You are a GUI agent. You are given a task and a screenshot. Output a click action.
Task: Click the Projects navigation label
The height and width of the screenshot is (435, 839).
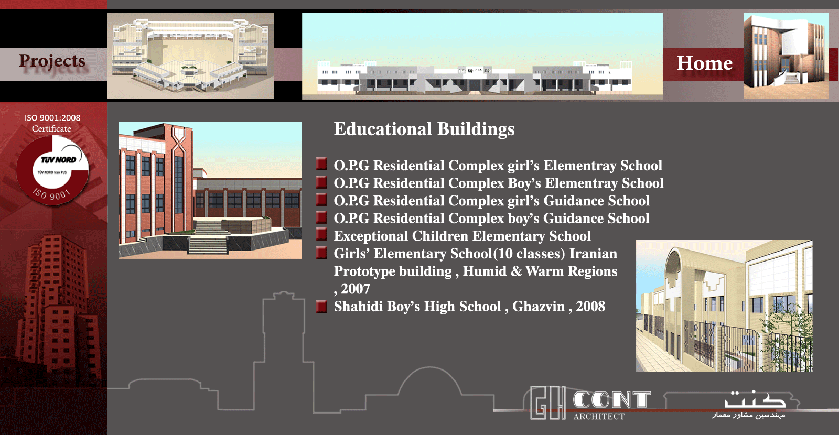pyautogui.click(x=52, y=61)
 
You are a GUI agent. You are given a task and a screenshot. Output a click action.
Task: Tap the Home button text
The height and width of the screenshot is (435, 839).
pyautogui.click(x=705, y=63)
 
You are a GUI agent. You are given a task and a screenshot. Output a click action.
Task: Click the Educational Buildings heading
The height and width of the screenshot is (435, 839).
pyautogui.click(x=424, y=129)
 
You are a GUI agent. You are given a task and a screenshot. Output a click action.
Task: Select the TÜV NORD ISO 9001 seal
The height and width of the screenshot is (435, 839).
pyautogui.click(x=52, y=170)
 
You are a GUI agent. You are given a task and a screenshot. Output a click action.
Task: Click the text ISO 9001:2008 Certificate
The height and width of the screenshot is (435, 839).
pyautogui.click(x=52, y=123)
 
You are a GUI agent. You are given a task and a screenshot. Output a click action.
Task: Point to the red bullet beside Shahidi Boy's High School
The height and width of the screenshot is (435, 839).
pyautogui.click(x=321, y=307)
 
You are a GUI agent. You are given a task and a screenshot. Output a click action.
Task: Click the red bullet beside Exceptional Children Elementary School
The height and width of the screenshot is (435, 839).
pyautogui.click(x=321, y=235)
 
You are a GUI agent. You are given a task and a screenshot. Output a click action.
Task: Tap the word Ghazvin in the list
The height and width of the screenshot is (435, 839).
pyautogui.click(x=538, y=307)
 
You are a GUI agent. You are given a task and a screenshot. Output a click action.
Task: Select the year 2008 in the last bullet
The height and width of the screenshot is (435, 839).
pyautogui.click(x=590, y=307)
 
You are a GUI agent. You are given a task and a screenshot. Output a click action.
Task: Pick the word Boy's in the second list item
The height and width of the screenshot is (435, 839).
pyautogui.click(x=524, y=183)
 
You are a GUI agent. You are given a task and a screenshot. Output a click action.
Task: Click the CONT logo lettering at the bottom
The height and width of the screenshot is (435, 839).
pyautogui.click(x=611, y=400)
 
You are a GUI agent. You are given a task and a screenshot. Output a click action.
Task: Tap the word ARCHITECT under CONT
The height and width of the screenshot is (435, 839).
pyautogui.click(x=598, y=416)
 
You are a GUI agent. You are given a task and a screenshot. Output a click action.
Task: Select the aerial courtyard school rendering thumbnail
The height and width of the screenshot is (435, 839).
pyautogui.click(x=191, y=56)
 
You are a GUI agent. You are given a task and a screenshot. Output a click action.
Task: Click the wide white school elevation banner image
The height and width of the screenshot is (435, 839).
pyautogui.click(x=482, y=56)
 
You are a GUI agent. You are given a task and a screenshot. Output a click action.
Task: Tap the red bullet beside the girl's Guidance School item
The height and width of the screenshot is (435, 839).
pyautogui.click(x=321, y=200)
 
